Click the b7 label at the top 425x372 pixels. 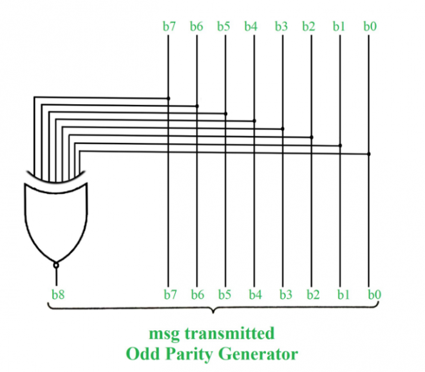169,26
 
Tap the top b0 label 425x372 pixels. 370,26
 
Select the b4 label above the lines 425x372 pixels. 250,26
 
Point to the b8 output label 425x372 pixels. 58,294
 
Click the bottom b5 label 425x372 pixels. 225,294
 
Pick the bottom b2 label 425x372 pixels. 313,294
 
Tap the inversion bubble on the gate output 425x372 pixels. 56,265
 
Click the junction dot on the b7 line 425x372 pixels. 168,98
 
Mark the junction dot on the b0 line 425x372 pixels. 368,154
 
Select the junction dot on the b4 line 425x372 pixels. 254,120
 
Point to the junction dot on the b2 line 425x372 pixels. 312,137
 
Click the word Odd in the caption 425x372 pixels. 142,354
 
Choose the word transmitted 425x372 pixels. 230,333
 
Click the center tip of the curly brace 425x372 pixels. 213,313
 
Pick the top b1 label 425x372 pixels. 339,26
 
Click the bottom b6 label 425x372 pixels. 198,294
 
